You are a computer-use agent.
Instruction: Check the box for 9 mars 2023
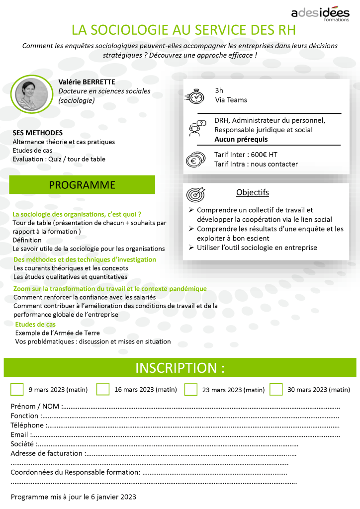pos(17,389)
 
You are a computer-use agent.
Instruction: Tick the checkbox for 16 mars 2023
pos(103,389)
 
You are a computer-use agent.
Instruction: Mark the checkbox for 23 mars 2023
pos(190,389)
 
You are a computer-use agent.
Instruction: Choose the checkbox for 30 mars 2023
pos(276,389)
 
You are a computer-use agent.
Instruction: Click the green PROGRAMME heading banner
pos(82,185)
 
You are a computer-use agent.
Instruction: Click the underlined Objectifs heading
pos(253,192)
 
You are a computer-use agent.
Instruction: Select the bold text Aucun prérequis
pos(241,139)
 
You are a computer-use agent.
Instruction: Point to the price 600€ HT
pos(262,155)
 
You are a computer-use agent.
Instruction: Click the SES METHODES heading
pos(38,133)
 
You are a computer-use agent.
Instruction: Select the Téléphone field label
pos(28,425)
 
